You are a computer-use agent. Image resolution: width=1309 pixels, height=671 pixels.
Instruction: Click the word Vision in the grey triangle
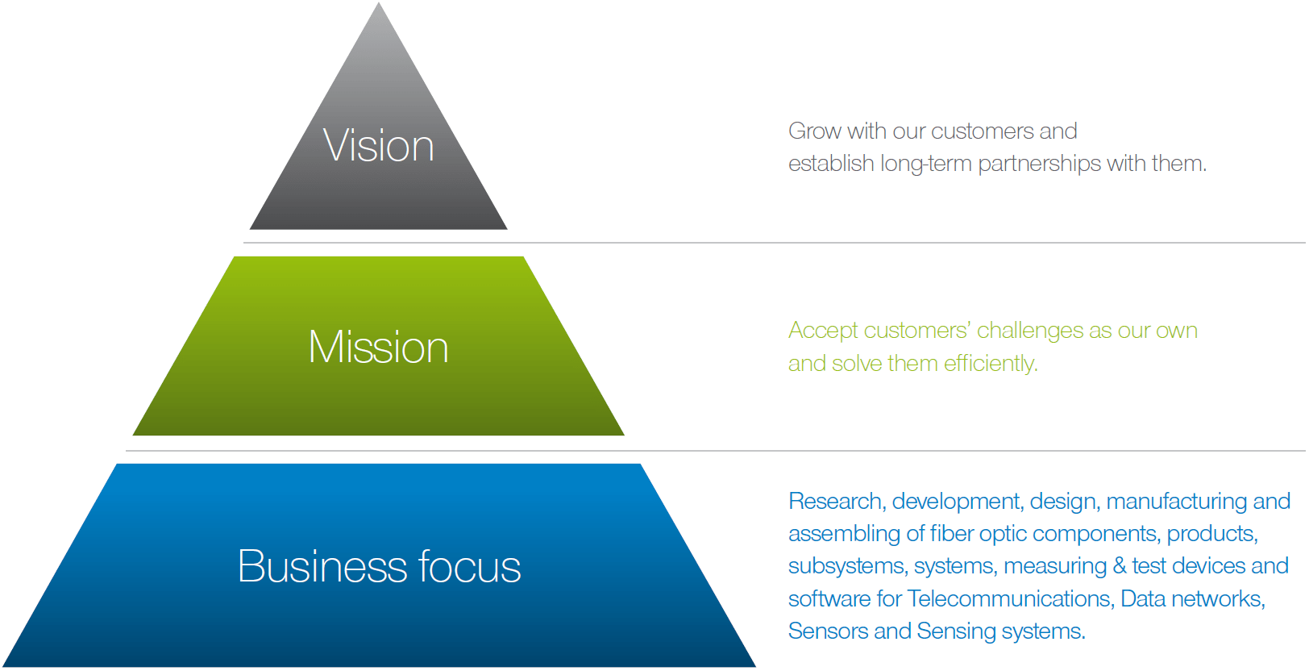tap(379, 145)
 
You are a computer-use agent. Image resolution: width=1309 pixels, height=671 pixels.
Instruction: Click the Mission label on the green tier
tap(379, 347)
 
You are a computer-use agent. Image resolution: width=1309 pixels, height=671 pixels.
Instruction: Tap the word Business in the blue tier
tap(322, 566)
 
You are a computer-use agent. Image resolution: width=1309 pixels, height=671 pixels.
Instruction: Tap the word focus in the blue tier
tap(469, 566)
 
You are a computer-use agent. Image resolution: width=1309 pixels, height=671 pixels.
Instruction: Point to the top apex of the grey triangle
tap(379, 3)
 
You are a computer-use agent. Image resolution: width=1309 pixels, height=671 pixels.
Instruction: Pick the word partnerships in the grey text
tap(1039, 165)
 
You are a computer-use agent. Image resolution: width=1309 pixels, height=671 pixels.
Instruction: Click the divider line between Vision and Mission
tap(775, 243)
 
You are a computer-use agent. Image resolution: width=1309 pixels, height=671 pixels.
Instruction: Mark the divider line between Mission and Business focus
tap(715, 451)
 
